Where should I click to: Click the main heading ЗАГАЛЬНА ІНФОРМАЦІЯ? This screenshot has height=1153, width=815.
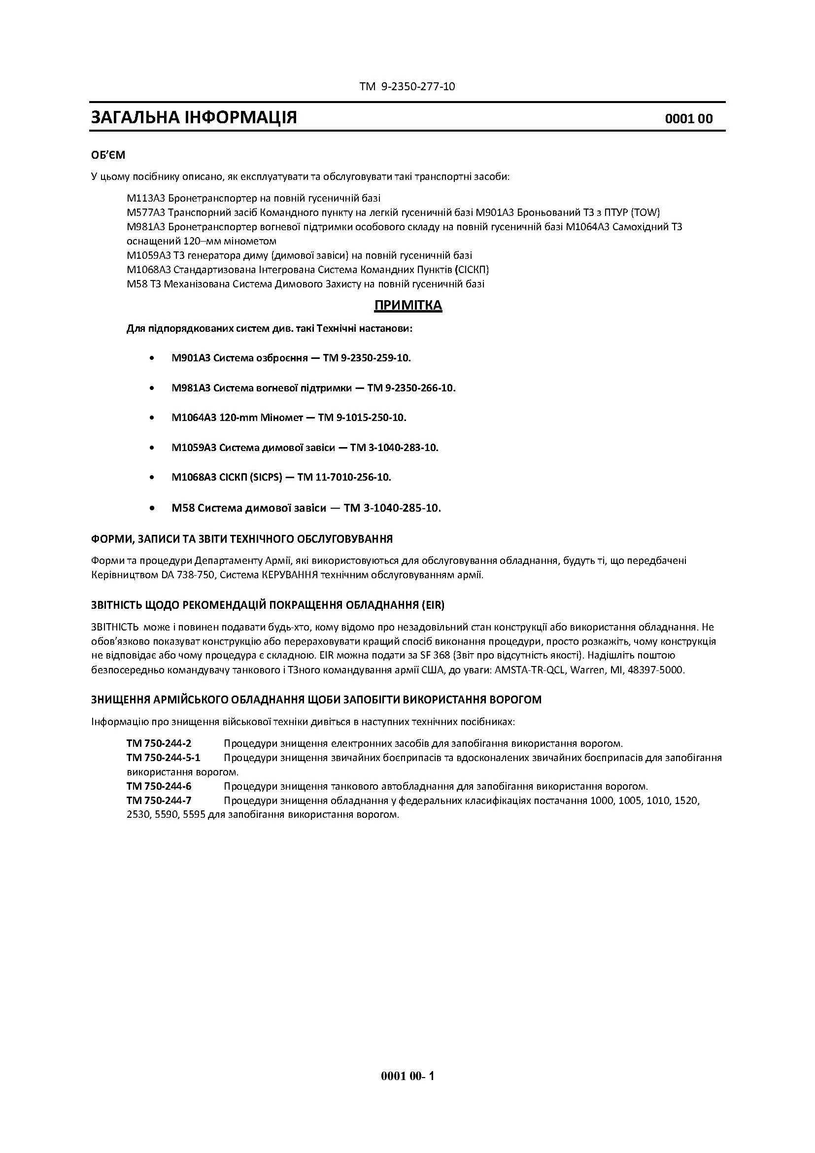click(x=194, y=117)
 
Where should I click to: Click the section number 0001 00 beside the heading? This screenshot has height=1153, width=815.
click(x=688, y=119)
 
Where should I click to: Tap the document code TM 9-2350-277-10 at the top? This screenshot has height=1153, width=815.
click(x=407, y=86)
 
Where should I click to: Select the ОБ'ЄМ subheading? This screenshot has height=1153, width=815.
click(x=108, y=155)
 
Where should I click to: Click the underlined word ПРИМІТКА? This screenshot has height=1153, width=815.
click(x=408, y=305)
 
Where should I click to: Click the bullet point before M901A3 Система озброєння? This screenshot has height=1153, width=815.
click(x=152, y=358)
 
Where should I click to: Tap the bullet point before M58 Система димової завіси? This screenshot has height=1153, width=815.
click(x=152, y=508)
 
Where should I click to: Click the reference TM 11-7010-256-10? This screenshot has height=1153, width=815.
click(x=344, y=477)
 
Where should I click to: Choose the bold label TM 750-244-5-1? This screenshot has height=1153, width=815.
click(x=163, y=757)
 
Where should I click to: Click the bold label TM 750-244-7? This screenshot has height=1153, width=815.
click(x=159, y=800)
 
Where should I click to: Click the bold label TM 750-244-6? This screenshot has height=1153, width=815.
click(x=159, y=786)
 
